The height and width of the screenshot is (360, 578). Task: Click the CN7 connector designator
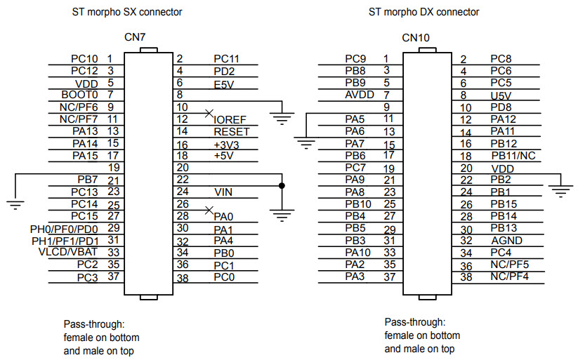tap(135, 36)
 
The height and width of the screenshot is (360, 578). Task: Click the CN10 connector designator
tap(415, 37)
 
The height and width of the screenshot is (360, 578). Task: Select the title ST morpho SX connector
tap(127, 12)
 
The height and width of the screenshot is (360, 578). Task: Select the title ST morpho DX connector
tap(424, 12)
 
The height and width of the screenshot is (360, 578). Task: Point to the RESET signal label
tap(231, 131)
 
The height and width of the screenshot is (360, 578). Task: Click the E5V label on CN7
tap(224, 84)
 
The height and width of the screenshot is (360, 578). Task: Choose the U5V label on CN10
tap(501, 95)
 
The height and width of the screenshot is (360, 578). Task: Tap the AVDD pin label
tap(359, 94)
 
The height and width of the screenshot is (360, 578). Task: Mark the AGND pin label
tap(506, 240)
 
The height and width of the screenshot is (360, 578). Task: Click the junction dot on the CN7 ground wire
tap(282, 185)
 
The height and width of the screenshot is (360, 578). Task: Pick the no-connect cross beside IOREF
tap(208, 112)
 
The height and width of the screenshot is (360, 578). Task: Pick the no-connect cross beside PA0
tap(208, 209)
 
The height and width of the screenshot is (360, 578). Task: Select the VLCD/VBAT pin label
tap(68, 252)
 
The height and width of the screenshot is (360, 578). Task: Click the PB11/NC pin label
tap(513, 155)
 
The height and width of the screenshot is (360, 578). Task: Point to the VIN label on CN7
tap(223, 192)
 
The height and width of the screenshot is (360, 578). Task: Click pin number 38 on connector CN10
tap(465, 277)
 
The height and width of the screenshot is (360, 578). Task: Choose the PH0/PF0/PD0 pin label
tap(65, 228)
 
